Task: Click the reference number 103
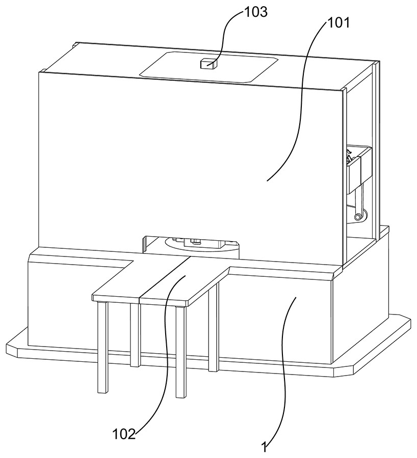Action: click(x=256, y=12)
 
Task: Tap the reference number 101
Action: click(x=339, y=23)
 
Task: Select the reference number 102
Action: click(x=124, y=434)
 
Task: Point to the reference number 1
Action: click(x=264, y=448)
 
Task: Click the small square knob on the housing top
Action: click(x=209, y=64)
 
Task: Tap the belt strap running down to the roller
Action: click(x=358, y=201)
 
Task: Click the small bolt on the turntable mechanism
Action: click(x=194, y=240)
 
